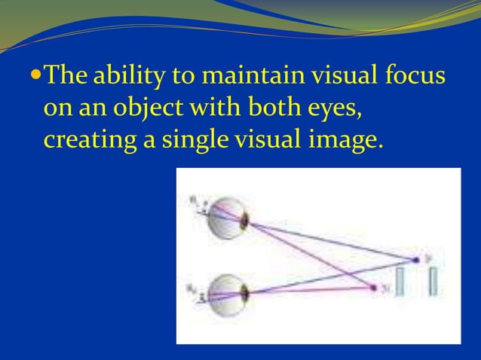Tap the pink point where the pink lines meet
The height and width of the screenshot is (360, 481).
coord(374,288)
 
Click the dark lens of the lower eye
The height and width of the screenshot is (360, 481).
coord(244,290)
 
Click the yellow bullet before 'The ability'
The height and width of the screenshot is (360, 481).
coord(38,77)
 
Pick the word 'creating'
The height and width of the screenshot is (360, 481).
coord(84,140)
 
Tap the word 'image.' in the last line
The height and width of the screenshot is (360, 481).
coord(345,140)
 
